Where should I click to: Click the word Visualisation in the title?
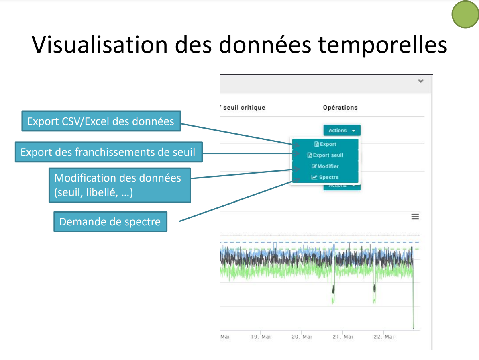[x=100, y=45]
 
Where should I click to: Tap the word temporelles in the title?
[x=383, y=45]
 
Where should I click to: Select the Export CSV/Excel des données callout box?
[x=101, y=121]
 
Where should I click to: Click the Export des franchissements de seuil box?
[x=109, y=152]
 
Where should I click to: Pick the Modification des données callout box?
[x=120, y=185]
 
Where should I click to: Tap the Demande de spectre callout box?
[x=110, y=221]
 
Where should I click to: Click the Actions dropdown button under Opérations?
[x=342, y=131]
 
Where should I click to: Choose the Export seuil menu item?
[x=325, y=155]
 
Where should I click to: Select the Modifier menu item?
[x=325, y=166]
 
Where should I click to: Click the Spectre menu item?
[x=325, y=177]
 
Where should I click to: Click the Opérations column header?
[x=340, y=108]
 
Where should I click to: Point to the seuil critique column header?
[x=244, y=108]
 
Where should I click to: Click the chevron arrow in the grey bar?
[x=421, y=81]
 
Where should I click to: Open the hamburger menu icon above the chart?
[x=415, y=217]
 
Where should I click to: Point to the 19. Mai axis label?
[x=261, y=337]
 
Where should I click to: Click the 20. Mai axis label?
[x=302, y=337]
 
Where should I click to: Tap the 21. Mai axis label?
[x=343, y=337]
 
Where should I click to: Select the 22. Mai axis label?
[x=384, y=337]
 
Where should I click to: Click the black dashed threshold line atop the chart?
[x=320, y=235]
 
